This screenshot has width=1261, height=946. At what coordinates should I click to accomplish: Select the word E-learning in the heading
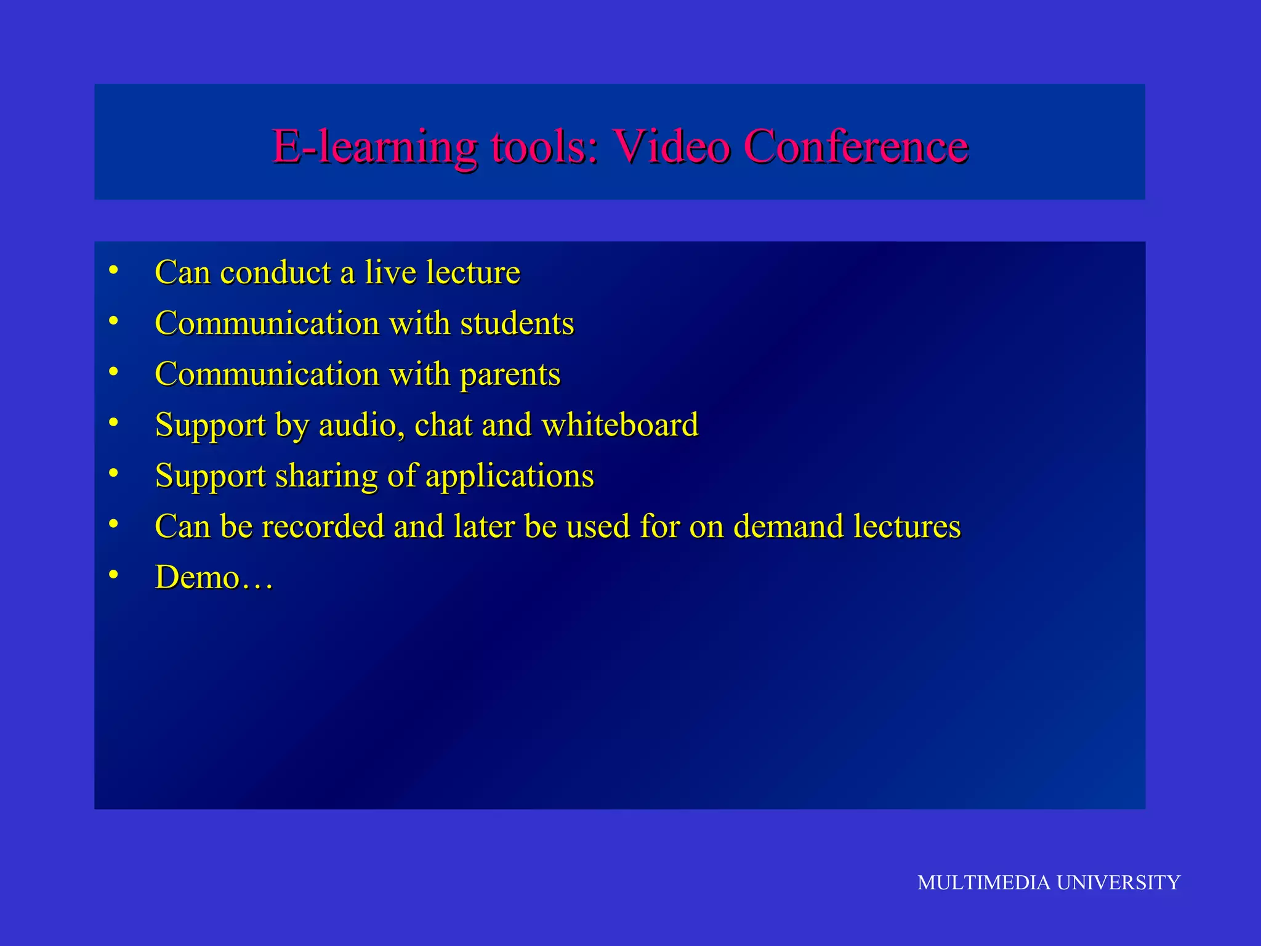(374, 148)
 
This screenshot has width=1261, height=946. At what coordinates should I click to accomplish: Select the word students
(517, 323)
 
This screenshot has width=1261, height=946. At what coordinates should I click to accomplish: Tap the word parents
(510, 375)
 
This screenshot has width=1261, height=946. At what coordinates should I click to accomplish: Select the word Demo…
(214, 578)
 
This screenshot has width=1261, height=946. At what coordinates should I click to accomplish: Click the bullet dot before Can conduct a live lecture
(113, 270)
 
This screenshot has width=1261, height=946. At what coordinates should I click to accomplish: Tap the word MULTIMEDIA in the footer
(983, 883)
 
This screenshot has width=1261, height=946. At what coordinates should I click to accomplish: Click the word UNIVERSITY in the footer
(1118, 883)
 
